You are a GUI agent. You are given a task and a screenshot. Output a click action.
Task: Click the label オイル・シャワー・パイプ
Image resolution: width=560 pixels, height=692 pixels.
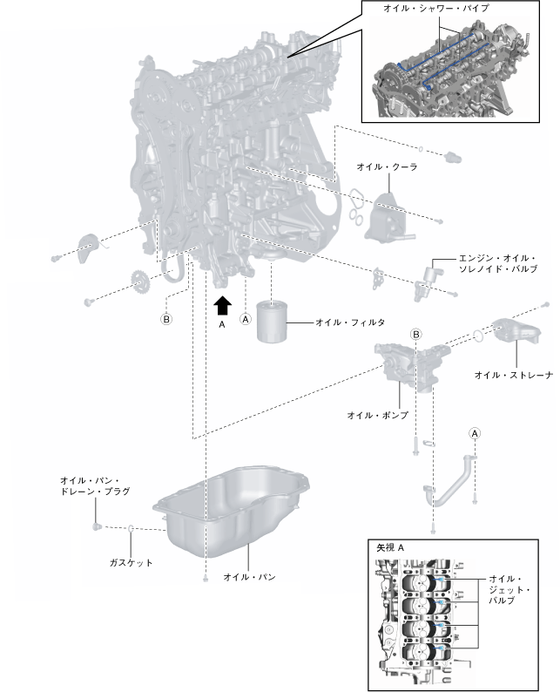pyautogui.click(x=436, y=8)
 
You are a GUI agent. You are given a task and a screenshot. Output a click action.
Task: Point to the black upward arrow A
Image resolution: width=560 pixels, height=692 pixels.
pyautogui.click(x=222, y=304)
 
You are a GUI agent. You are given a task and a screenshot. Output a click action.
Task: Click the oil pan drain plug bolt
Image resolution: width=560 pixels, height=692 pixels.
pyautogui.click(x=97, y=526)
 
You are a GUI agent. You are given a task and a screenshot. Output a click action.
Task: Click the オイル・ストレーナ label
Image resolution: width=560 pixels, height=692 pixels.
pyautogui.click(x=514, y=376)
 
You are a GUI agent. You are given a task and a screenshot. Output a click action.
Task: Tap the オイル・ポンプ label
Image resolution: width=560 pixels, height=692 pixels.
pyautogui.click(x=377, y=415)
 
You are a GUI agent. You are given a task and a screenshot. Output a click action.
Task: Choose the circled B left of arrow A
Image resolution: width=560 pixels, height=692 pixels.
pyautogui.click(x=166, y=319)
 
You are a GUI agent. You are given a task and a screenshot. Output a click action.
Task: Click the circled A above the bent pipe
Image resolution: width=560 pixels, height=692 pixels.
pyautogui.click(x=475, y=432)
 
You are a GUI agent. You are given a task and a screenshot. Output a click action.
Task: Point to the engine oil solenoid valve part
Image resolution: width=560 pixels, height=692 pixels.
pyautogui.click(x=426, y=277)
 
